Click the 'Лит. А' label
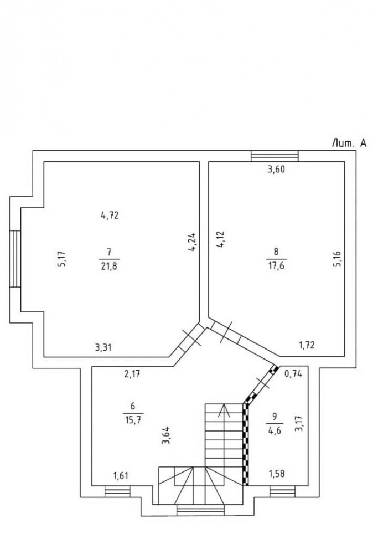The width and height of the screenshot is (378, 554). pyautogui.click(x=349, y=143)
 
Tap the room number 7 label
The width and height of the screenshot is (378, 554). pyautogui.click(x=110, y=252)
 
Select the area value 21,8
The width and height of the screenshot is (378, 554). pyautogui.click(x=109, y=266)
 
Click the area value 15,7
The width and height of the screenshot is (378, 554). pyautogui.click(x=133, y=420)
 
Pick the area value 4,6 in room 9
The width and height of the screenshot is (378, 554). pyautogui.click(x=275, y=430)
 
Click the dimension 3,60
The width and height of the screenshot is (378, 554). pyautogui.click(x=276, y=169)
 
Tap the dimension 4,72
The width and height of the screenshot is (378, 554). pyautogui.click(x=110, y=215)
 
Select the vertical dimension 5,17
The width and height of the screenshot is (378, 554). pyautogui.click(x=61, y=259)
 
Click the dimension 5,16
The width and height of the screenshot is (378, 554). pyautogui.click(x=337, y=259)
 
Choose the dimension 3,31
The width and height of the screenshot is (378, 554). pyautogui.click(x=103, y=347)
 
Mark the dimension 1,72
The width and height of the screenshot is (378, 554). pyautogui.click(x=307, y=345)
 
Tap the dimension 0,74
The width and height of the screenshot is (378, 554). pyautogui.click(x=293, y=374)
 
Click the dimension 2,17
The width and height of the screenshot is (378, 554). pyautogui.click(x=132, y=374)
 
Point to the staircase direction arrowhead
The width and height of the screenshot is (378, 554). pyautogui.click(x=224, y=409)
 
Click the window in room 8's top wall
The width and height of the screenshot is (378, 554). pyautogui.click(x=275, y=156)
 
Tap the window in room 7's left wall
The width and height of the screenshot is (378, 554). pyautogui.click(x=15, y=259)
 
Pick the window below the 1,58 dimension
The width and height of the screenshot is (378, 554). pyautogui.click(x=282, y=491)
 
